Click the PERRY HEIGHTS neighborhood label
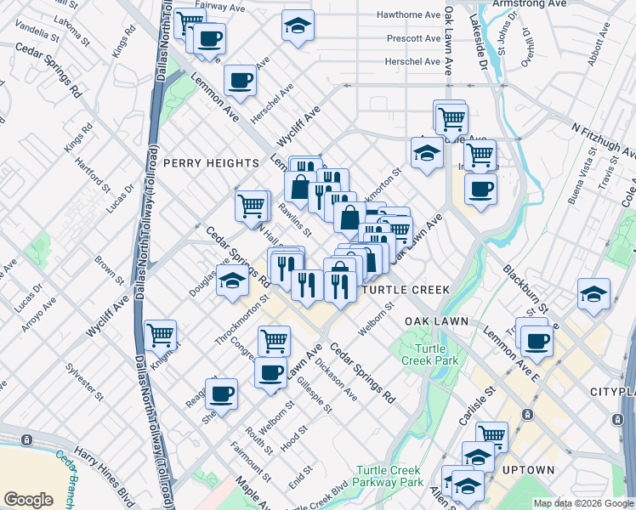[211, 162]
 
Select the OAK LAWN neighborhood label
[437, 320]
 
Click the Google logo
[28, 500]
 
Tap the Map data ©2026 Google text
[582, 503]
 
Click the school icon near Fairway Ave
[298, 25]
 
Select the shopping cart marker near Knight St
[160, 334]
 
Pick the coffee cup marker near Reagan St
[221, 393]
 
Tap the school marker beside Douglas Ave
[231, 280]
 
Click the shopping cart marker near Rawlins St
[252, 205]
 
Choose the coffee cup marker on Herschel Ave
[241, 80]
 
